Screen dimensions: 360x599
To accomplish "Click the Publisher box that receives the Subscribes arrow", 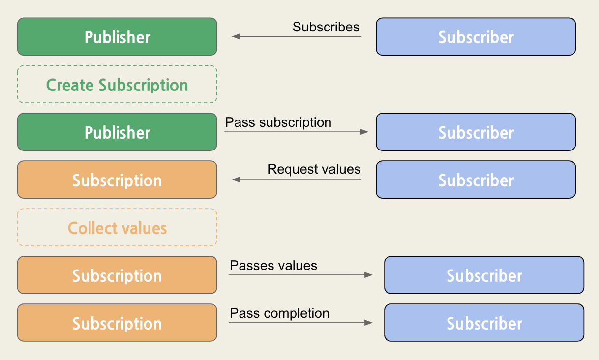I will (117, 37).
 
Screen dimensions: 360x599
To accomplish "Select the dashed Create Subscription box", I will (117, 85).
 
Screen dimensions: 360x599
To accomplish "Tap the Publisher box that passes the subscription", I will (117, 132).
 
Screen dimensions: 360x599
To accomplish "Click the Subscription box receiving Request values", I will (117, 180).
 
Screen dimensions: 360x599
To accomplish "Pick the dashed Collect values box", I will (117, 228).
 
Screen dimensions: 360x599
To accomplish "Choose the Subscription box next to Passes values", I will (117, 275).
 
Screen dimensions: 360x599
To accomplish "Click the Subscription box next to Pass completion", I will (117, 323).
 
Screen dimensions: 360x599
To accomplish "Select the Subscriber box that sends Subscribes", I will (476, 37).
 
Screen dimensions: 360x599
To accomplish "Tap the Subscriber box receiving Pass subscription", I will (476, 132).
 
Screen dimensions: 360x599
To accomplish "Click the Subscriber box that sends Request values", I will (476, 180).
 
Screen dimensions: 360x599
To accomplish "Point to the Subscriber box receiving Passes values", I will (484, 275).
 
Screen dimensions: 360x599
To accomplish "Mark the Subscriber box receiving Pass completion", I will (484, 323).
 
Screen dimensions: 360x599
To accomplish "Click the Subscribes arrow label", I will (326, 27).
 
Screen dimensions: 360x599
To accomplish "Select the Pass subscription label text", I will (278, 122).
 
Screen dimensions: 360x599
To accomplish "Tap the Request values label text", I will (314, 170).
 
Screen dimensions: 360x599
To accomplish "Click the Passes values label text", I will (273, 266).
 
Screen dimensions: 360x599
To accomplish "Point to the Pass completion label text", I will (279, 313).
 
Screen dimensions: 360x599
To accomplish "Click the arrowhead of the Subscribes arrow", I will (236, 36).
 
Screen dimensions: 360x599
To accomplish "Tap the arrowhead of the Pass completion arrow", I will (368, 323).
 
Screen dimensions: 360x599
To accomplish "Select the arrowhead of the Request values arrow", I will (236, 180).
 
